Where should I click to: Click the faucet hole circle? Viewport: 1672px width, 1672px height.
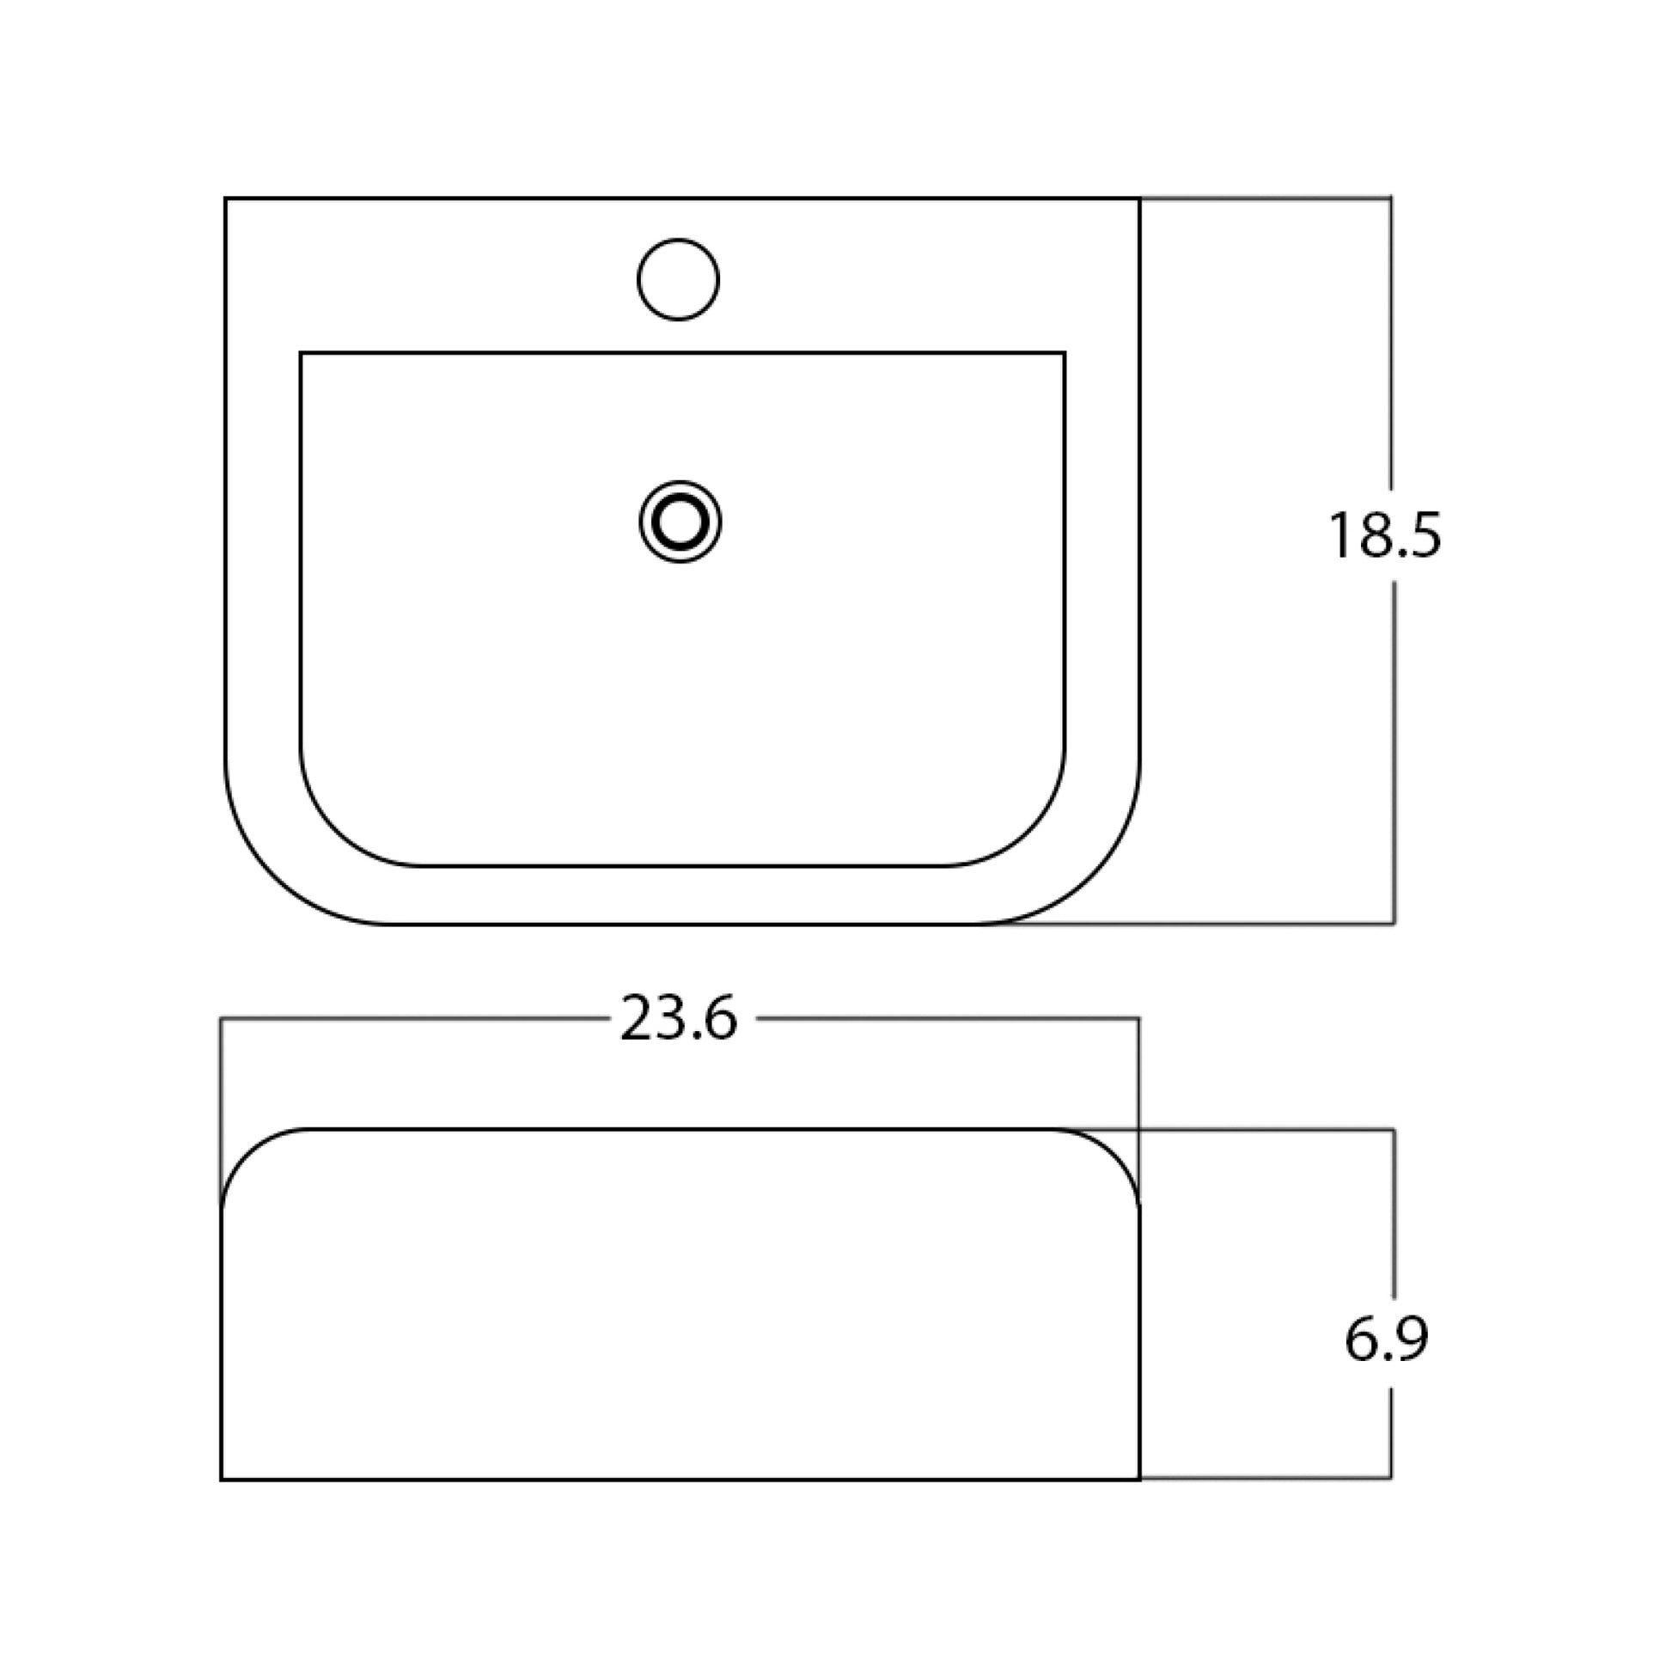[679, 279]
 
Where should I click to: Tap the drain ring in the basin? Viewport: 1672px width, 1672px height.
[680, 522]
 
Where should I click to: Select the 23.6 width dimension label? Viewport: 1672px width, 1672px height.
[679, 1019]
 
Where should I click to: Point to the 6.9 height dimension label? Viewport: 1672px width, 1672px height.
[1386, 1340]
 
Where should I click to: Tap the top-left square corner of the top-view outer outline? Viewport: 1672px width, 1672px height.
[226, 199]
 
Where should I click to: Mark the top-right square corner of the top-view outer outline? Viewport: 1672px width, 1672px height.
[1139, 199]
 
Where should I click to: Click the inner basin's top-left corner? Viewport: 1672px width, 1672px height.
[302, 353]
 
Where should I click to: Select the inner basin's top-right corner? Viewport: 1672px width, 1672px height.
[1064, 353]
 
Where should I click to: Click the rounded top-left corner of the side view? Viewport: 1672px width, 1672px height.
[246, 1152]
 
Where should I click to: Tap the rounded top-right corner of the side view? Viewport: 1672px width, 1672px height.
[1115, 1152]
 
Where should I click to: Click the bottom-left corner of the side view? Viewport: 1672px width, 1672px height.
[223, 1479]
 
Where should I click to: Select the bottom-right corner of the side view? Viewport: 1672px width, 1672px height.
[1139, 1479]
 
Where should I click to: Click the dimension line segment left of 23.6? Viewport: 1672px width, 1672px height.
[415, 1019]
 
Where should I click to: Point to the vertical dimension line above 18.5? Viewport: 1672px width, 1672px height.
[1391, 346]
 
